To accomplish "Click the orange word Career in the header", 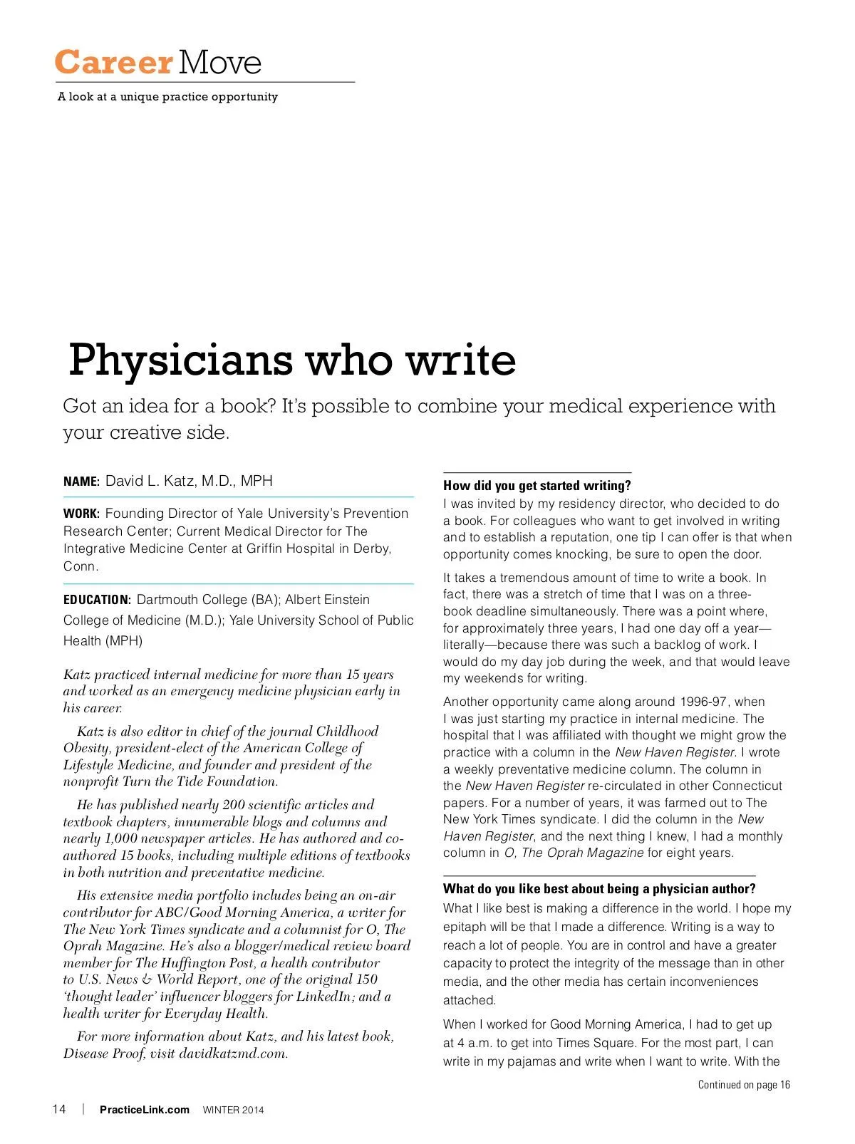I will (x=113, y=63).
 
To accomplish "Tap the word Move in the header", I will (x=220, y=63).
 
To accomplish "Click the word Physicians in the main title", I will (x=180, y=360).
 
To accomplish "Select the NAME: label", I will (x=81, y=482).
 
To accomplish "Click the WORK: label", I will (x=81, y=514).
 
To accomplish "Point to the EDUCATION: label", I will (x=97, y=600).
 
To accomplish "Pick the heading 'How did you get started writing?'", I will (x=537, y=486).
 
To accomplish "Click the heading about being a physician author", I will (x=599, y=889).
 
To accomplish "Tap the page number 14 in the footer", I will (x=59, y=1109).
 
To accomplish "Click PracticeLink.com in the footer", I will (x=145, y=1110).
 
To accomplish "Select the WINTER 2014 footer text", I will (x=233, y=1110).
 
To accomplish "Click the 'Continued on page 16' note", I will (x=744, y=1085).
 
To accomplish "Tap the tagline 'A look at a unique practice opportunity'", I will (x=168, y=97).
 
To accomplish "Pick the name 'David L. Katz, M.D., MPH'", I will (x=189, y=481).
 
